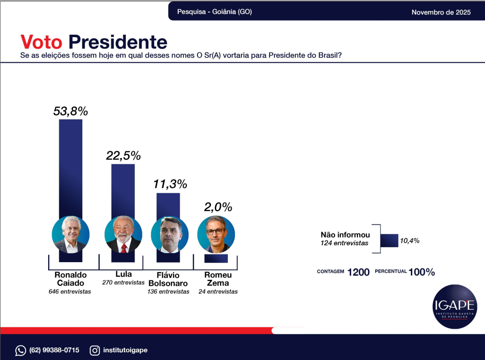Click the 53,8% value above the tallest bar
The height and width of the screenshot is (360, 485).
click(70, 111)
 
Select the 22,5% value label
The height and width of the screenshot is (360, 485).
click(123, 156)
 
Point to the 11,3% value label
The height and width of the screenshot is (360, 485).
click(170, 184)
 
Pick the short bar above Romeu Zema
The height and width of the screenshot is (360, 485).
click(216, 258)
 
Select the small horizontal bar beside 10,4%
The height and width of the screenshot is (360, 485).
click(389, 240)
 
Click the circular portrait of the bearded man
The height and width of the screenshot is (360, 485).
click(123, 234)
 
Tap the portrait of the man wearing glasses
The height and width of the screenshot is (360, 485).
click(216, 234)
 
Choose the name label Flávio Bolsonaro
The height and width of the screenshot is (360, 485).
click(168, 280)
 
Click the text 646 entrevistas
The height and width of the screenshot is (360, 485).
click(70, 292)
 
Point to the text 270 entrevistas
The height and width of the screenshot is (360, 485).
click(123, 282)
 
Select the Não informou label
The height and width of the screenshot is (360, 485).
click(345, 235)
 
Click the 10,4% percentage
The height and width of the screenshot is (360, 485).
click(410, 240)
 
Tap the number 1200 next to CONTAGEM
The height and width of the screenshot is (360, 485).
click(358, 272)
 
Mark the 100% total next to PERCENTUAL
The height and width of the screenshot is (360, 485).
click(422, 272)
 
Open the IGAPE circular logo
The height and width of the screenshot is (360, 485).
click(455, 307)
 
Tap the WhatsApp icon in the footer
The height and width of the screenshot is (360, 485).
click(21, 350)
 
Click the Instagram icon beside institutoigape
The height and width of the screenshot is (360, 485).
click(95, 350)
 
